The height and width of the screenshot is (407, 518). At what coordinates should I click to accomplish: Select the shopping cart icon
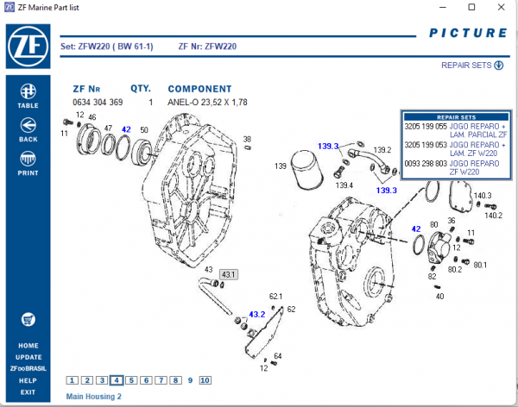tap(28, 318)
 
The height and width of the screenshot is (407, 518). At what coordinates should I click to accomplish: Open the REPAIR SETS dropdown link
tap(472, 66)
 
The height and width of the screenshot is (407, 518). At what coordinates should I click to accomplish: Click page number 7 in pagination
tap(161, 380)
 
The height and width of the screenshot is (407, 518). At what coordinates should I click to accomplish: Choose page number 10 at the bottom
tap(205, 380)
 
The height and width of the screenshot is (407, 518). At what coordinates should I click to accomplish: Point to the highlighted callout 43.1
tap(229, 274)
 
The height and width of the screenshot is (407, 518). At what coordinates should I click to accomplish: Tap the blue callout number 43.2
tap(257, 315)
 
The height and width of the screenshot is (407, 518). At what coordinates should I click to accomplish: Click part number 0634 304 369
tap(98, 103)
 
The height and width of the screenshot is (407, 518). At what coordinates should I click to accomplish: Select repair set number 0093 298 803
tap(423, 164)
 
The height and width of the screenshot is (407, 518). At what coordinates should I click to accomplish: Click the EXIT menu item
tap(28, 392)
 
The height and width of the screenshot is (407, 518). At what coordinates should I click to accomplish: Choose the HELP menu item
tap(28, 380)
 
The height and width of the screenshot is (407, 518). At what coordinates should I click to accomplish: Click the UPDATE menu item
tap(28, 357)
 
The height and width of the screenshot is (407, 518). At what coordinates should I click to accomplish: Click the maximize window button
tap(471, 8)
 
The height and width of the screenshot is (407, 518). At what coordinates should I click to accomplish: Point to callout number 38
tap(247, 139)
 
